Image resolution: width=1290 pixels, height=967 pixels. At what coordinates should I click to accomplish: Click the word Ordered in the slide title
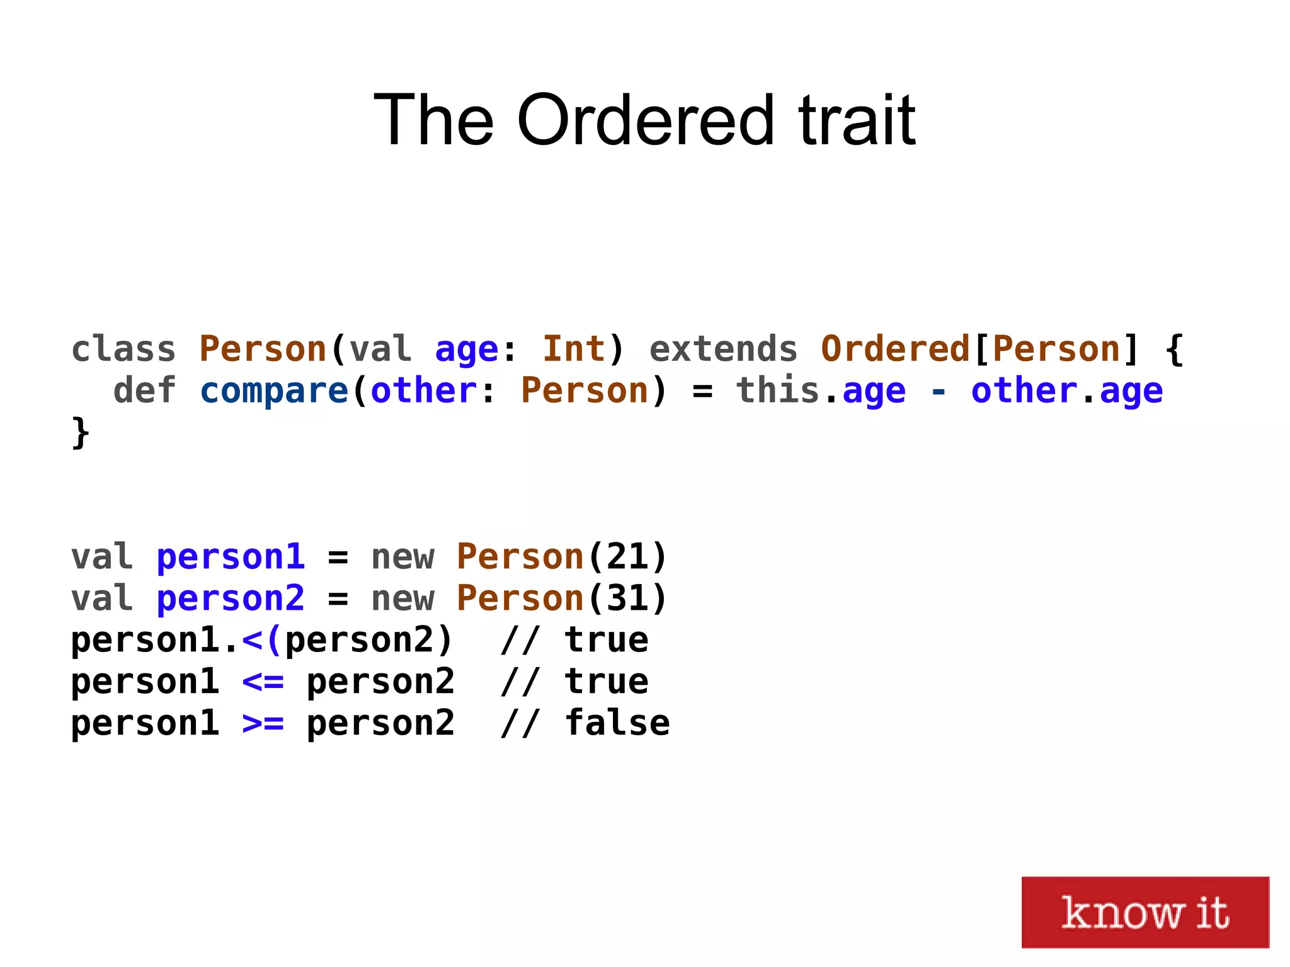(x=645, y=120)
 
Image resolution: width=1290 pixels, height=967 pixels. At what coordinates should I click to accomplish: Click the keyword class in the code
(x=123, y=349)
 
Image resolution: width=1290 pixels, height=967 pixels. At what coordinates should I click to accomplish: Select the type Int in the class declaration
(x=573, y=349)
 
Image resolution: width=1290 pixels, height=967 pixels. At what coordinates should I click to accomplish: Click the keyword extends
(x=723, y=349)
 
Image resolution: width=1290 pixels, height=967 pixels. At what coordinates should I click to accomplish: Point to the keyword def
(x=144, y=391)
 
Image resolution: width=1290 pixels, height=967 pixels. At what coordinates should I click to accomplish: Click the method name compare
(x=274, y=391)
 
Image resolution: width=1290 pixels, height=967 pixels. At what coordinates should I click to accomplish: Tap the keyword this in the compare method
(x=778, y=391)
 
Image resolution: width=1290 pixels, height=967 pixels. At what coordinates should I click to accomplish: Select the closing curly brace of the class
(x=81, y=433)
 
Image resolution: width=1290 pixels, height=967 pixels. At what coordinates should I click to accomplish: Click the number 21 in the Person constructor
(x=627, y=557)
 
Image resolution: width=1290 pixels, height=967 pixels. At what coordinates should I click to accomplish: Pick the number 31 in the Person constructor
(x=627, y=598)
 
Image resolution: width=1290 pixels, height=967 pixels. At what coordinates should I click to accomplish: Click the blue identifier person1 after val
(x=231, y=557)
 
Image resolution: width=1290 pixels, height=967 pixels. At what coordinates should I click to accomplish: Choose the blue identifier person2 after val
(x=231, y=598)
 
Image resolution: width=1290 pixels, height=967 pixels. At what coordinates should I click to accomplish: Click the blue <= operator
(x=263, y=682)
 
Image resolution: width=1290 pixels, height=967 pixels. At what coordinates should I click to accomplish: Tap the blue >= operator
(x=263, y=724)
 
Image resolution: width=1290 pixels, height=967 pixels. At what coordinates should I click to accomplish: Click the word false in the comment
(x=617, y=723)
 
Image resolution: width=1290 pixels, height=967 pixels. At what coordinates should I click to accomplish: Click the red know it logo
(x=1144, y=912)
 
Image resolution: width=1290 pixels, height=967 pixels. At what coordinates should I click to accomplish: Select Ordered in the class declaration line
(x=894, y=349)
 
